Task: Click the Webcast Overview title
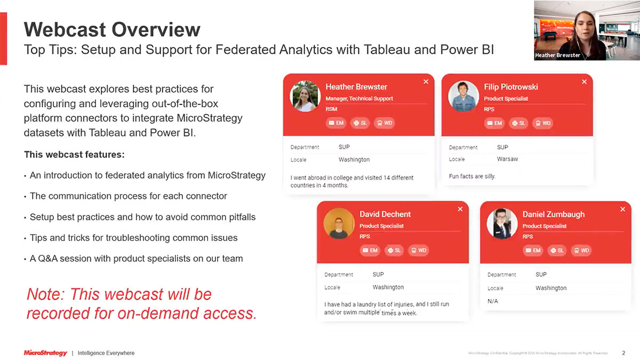pyautogui.click(x=112, y=29)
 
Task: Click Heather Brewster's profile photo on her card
pyautogui.click(x=305, y=97)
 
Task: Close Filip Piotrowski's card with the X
pyautogui.click(x=584, y=82)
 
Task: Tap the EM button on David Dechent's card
pyautogui.click(x=370, y=250)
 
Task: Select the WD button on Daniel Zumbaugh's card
pyautogui.click(x=581, y=250)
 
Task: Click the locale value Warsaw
pyautogui.click(x=507, y=159)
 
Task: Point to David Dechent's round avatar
pyautogui.click(x=339, y=223)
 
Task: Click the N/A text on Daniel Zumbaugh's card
pyautogui.click(x=493, y=301)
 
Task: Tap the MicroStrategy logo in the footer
pyautogui.click(x=45, y=353)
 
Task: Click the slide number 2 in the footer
pyautogui.click(x=623, y=353)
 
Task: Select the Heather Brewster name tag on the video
pyautogui.click(x=558, y=55)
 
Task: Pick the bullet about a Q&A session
pyautogui.click(x=136, y=259)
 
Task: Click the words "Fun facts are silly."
pyautogui.click(x=472, y=176)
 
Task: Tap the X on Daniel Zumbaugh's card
pyautogui.click(x=622, y=209)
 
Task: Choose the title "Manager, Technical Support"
pyautogui.click(x=359, y=99)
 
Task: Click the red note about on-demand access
pyautogui.click(x=141, y=303)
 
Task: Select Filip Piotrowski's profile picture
pyautogui.click(x=463, y=97)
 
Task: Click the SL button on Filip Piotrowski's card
pyautogui.click(x=518, y=123)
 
